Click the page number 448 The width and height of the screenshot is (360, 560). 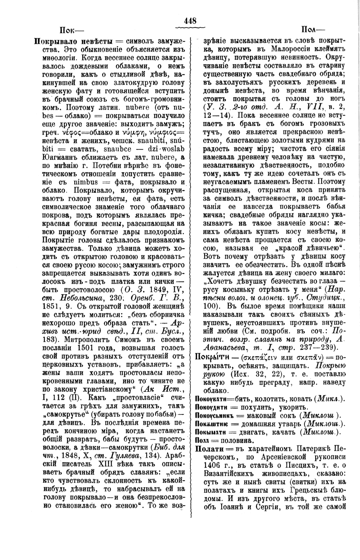[x=190, y=21]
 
